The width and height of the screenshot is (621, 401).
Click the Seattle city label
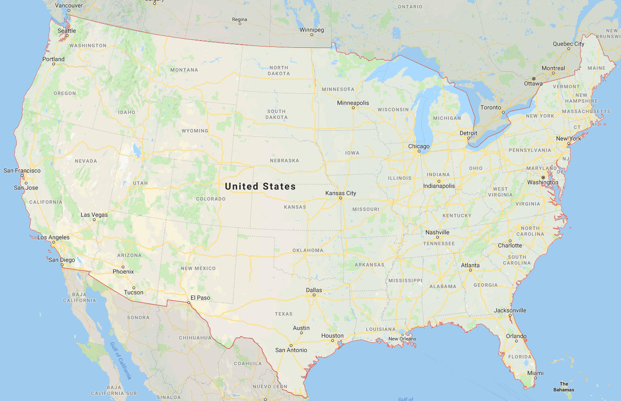(x=67, y=31)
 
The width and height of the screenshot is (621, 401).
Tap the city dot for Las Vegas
(x=94, y=220)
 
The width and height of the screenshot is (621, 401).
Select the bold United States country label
(x=260, y=186)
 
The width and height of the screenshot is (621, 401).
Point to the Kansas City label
(x=341, y=193)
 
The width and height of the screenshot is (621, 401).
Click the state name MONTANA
(x=184, y=70)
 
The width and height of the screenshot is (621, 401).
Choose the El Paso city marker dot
(x=189, y=303)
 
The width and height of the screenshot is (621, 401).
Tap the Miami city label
(x=535, y=373)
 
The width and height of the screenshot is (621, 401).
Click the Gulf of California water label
(x=121, y=360)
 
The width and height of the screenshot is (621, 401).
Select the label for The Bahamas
(x=564, y=387)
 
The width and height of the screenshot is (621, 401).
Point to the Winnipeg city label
(x=312, y=30)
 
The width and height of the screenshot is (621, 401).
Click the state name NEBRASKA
(x=284, y=161)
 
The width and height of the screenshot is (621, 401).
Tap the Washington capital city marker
(x=543, y=177)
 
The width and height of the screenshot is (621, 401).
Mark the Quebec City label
(x=568, y=44)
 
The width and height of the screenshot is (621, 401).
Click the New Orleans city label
(x=402, y=339)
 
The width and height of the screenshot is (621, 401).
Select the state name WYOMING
(x=195, y=131)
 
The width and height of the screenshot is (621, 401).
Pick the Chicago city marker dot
(x=419, y=151)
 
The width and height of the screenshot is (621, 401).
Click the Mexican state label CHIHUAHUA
(x=195, y=338)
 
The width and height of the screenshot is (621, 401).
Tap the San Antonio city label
(x=291, y=350)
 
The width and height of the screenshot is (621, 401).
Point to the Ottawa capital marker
(x=534, y=78)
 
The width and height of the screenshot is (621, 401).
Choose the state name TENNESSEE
(x=439, y=244)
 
